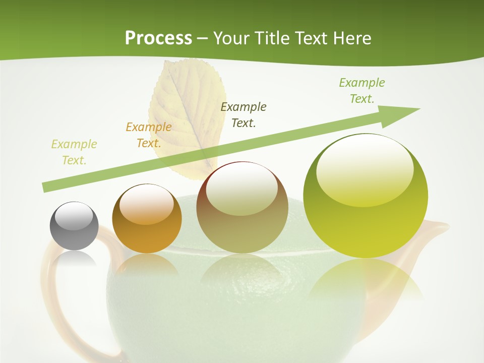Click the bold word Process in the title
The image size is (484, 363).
click(x=158, y=38)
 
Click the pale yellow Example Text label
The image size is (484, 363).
click(x=74, y=152)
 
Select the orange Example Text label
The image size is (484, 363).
click(x=149, y=135)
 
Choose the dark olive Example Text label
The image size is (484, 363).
click(x=244, y=114)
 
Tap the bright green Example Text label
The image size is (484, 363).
click(x=362, y=90)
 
